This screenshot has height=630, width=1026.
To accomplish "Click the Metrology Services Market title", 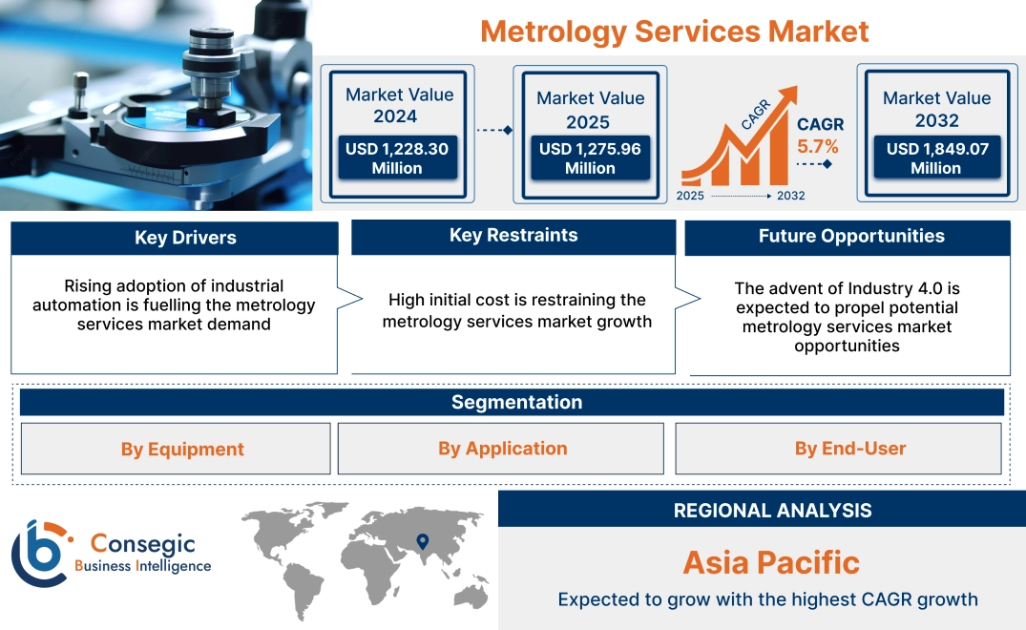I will click(674, 31).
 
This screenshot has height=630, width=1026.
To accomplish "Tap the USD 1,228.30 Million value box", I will click(396, 158).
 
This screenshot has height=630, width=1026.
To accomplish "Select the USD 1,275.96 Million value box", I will click(590, 158).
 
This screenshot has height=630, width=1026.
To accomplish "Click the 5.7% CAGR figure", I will click(818, 146).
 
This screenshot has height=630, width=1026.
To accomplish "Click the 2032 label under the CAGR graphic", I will click(790, 196).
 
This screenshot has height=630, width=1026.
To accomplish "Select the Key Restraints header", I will click(513, 236).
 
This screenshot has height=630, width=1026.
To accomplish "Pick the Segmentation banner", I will click(516, 402).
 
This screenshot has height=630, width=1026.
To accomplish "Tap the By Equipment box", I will click(182, 449).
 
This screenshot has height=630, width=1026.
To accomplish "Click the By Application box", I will click(502, 449).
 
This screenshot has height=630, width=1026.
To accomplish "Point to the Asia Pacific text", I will click(771, 562).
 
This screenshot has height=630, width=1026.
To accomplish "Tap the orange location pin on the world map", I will click(421, 542).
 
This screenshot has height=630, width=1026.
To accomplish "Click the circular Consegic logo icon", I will click(40, 554).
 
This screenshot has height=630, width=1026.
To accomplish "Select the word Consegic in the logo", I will click(142, 544).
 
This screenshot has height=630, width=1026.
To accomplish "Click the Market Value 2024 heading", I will click(399, 105).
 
